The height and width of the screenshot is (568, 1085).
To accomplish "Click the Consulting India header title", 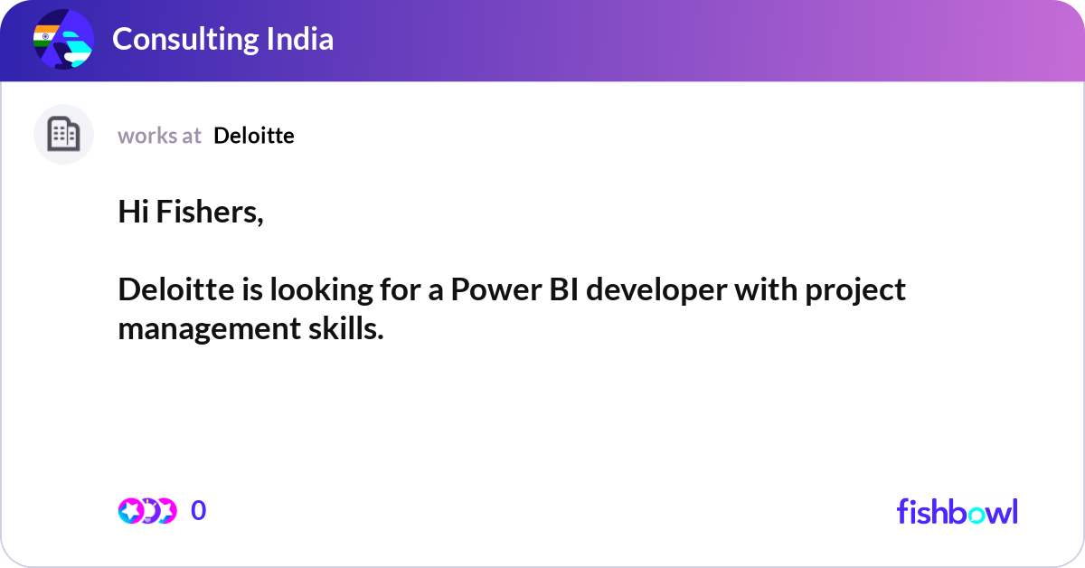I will pos(222,39).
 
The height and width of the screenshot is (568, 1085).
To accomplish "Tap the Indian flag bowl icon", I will pos(63,40).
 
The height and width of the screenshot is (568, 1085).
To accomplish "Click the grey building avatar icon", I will pos(63,135).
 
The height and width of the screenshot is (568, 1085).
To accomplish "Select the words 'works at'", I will pos(159,136).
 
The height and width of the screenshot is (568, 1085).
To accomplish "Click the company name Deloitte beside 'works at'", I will pos(254,136).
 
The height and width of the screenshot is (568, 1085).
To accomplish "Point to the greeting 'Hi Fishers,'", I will pos(191,213).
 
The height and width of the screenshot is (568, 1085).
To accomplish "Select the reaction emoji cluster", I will pos(147,511).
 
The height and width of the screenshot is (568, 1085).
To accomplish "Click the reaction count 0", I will pos(199,511).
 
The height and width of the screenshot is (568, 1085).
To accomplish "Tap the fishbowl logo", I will pos(957,511).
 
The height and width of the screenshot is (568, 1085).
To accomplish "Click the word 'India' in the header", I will pos(300,39).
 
